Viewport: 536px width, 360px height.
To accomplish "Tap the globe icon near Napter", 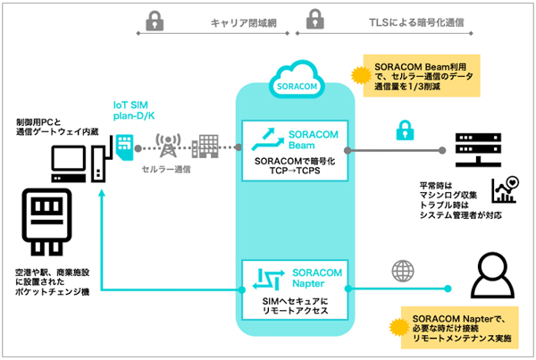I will [398, 270].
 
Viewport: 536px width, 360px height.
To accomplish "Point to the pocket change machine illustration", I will [40, 221].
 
